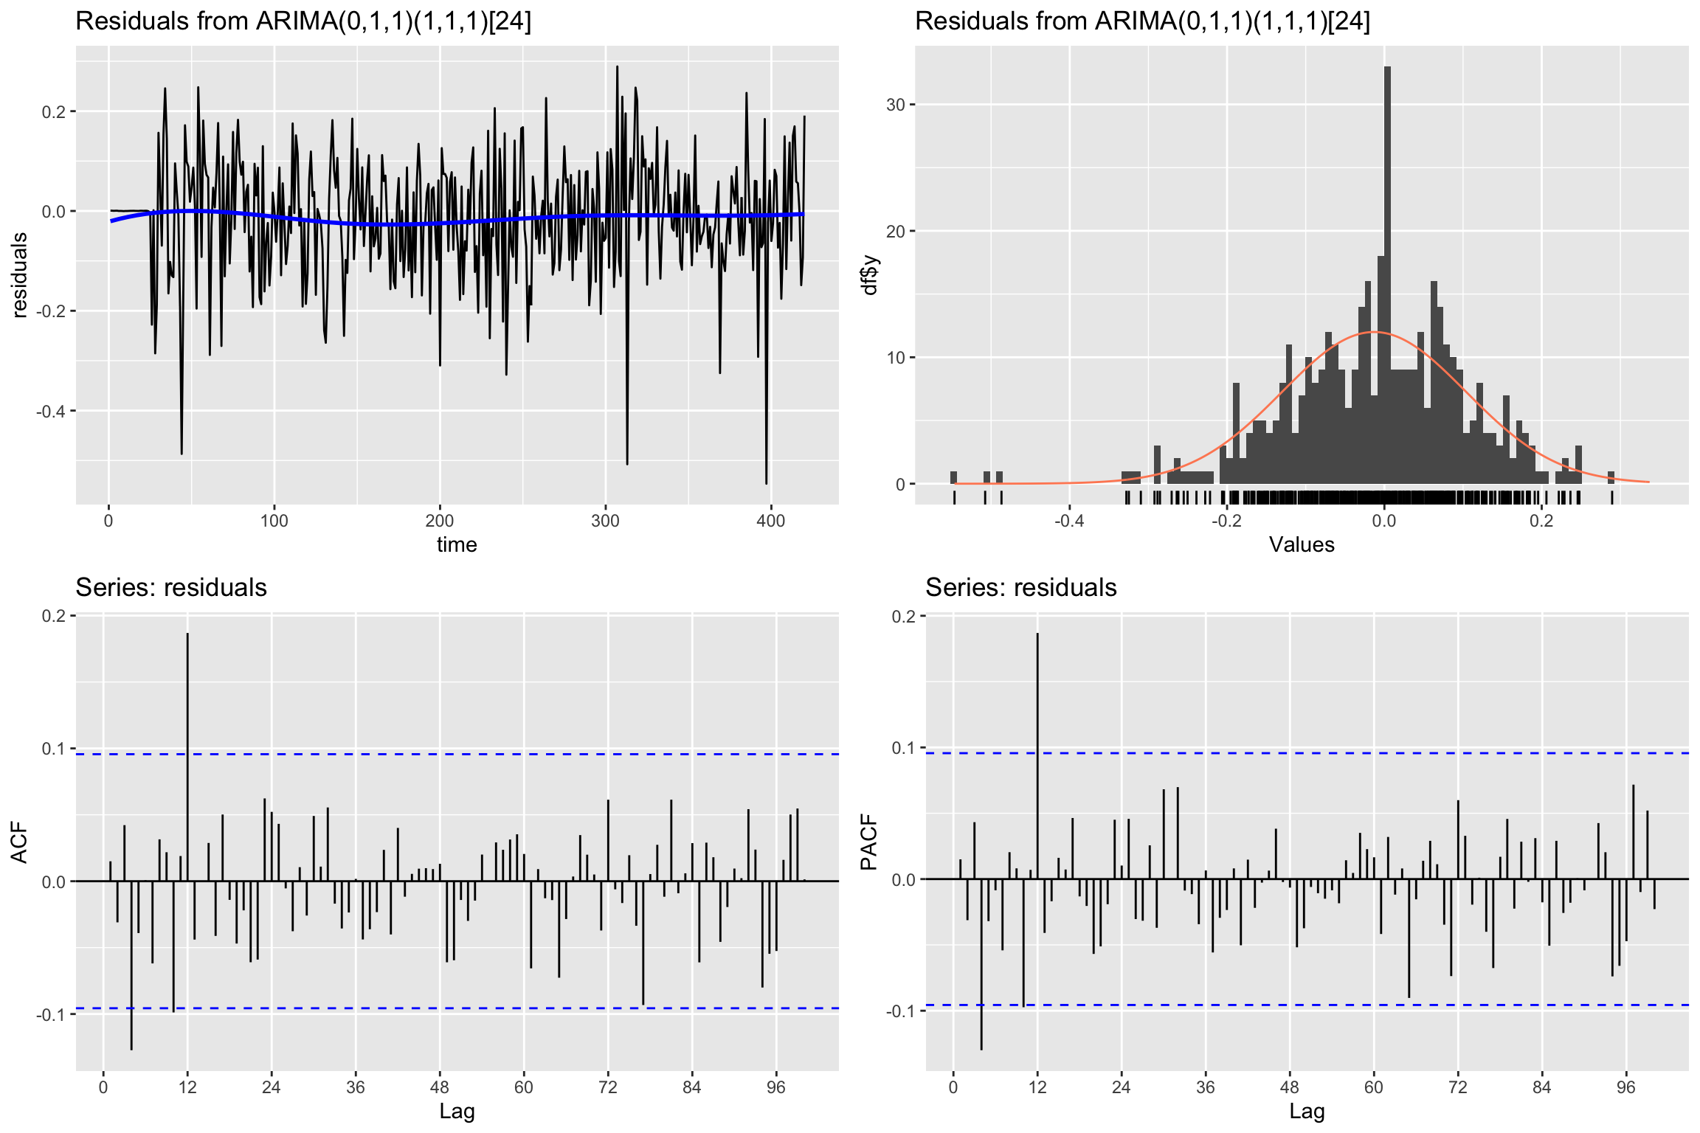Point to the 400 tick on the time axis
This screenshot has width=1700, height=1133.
click(771, 521)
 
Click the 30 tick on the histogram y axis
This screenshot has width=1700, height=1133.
click(896, 105)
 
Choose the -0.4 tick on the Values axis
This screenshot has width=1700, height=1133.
click(1069, 521)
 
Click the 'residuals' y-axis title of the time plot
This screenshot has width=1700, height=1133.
click(20, 275)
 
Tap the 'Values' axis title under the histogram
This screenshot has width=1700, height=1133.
click(1302, 545)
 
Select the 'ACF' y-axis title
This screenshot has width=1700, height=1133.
click(20, 843)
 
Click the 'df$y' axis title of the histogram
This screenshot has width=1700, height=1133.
click(871, 275)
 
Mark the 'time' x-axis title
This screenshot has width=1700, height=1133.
click(457, 545)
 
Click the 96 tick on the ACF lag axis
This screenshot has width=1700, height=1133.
click(776, 1087)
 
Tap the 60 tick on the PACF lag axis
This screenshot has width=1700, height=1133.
click(1374, 1087)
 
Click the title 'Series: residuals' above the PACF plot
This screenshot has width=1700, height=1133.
click(1020, 588)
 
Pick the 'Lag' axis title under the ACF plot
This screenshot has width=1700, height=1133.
click(457, 1112)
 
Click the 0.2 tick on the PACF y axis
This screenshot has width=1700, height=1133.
click(904, 617)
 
